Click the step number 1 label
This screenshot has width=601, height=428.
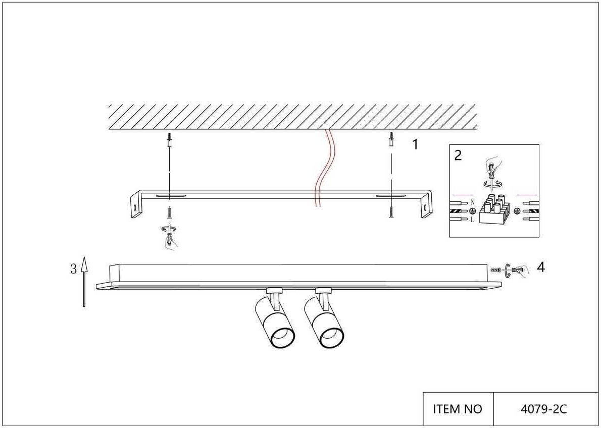click(x=415, y=145)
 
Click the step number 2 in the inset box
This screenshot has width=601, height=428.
click(x=458, y=155)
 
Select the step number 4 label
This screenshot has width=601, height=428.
click(x=540, y=267)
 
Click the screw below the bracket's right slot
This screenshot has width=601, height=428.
click(x=391, y=213)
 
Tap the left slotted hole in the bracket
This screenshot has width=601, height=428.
click(x=170, y=195)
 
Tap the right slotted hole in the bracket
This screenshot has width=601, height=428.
click(x=390, y=195)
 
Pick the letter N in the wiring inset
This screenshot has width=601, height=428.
click(x=473, y=202)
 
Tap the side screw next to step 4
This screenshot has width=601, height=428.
click(x=496, y=271)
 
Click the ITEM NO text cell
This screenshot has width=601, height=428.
click(x=458, y=409)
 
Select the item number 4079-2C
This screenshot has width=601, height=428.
click(x=543, y=409)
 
